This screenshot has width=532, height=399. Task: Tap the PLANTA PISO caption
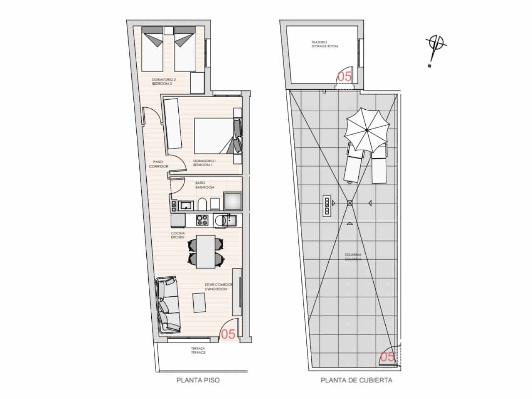click(x=198, y=380)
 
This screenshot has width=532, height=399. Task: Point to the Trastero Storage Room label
click(x=325, y=44)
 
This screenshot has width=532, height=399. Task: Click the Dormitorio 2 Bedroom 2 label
click(x=162, y=81)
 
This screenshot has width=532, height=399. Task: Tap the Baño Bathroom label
click(x=204, y=185)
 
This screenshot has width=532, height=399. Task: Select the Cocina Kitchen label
click(x=177, y=235)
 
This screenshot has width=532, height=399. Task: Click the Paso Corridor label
click(x=158, y=164)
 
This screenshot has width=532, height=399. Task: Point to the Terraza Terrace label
click(x=198, y=350)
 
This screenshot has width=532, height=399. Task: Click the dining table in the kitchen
click(x=206, y=251)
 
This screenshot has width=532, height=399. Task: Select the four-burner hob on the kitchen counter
click(x=202, y=220)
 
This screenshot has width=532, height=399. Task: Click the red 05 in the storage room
click(x=344, y=76)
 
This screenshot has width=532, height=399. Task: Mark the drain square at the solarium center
click(x=350, y=203)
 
